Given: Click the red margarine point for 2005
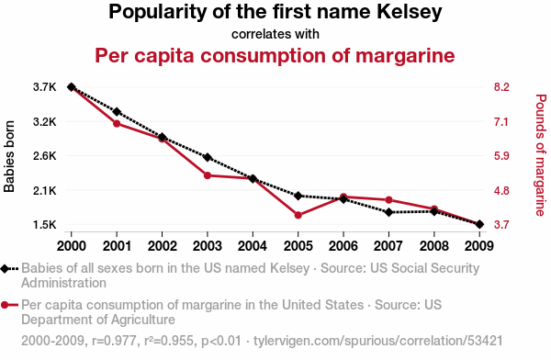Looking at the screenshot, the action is tap(298, 215).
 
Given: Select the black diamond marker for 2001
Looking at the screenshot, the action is tap(117, 112).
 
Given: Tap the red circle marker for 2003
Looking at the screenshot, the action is tap(208, 175).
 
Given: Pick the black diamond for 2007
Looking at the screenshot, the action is tap(388, 212).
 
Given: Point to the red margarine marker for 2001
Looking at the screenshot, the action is tap(117, 123).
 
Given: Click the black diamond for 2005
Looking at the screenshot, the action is tap(298, 196).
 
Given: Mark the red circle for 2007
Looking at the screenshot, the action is tap(388, 199).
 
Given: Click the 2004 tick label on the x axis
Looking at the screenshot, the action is tap(253, 246).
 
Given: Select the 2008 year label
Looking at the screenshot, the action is tap(434, 246).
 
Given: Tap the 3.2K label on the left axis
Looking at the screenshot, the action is tap(45, 122).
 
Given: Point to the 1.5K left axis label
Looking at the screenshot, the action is tap(45, 224).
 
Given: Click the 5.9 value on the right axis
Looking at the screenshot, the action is tap(501, 156).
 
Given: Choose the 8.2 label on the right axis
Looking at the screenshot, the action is tap(501, 87).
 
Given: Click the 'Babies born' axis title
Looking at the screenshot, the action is tap(9, 156).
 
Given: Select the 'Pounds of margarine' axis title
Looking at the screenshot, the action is tap(541, 155).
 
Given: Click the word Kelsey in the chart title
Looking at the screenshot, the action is tap(410, 12).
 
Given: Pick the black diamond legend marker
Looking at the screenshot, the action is tap(5, 269).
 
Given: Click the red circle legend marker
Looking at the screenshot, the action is tap(5, 305).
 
